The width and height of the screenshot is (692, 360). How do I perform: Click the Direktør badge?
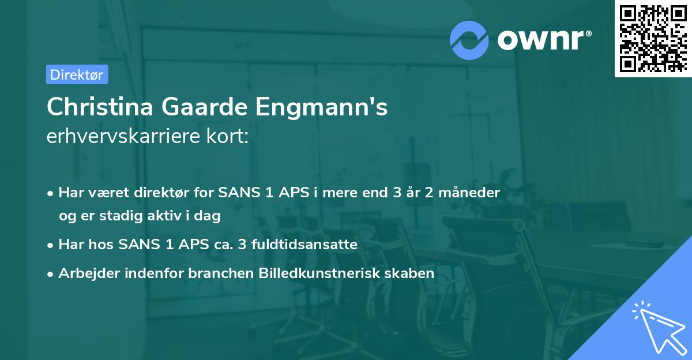77,74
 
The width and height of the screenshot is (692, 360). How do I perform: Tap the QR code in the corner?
652,38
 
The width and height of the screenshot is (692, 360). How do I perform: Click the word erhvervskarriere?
122,137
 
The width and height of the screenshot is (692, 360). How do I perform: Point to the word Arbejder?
84,273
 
